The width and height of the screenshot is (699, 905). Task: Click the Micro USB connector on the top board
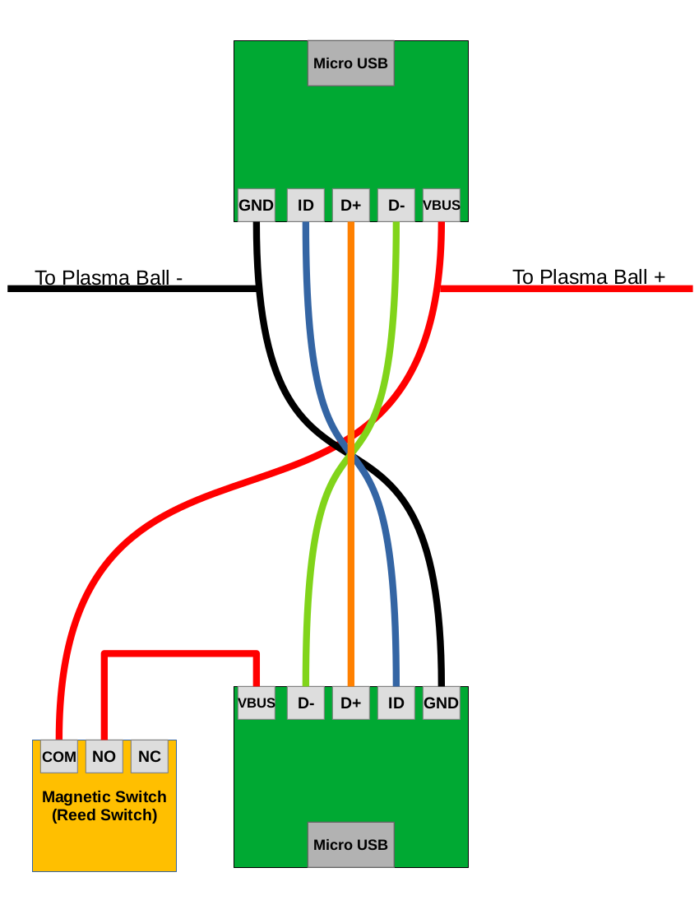(350, 63)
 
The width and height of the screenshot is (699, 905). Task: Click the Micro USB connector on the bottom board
(350, 844)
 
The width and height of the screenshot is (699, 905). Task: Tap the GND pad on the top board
(256, 205)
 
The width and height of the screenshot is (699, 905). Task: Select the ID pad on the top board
(305, 205)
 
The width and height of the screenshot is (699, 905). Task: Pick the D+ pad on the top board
(350, 205)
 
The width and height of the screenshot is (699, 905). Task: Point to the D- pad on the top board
(396, 205)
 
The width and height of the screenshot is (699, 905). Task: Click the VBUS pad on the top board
(441, 205)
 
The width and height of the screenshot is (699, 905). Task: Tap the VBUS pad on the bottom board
(256, 703)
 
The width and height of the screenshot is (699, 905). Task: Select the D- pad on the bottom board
(305, 703)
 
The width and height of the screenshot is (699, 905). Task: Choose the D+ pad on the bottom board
(350, 703)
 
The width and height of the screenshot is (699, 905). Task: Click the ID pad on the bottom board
(396, 703)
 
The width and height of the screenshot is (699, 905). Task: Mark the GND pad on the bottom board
(441, 703)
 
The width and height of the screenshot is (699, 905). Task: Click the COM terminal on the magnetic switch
(59, 756)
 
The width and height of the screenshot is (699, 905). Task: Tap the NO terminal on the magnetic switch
(104, 756)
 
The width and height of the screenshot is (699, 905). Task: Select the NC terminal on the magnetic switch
(149, 756)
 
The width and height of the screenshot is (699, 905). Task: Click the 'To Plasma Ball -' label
(108, 277)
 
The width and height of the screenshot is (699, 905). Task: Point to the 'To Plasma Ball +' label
(589, 276)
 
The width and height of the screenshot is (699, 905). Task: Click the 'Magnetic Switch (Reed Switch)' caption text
(104, 806)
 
